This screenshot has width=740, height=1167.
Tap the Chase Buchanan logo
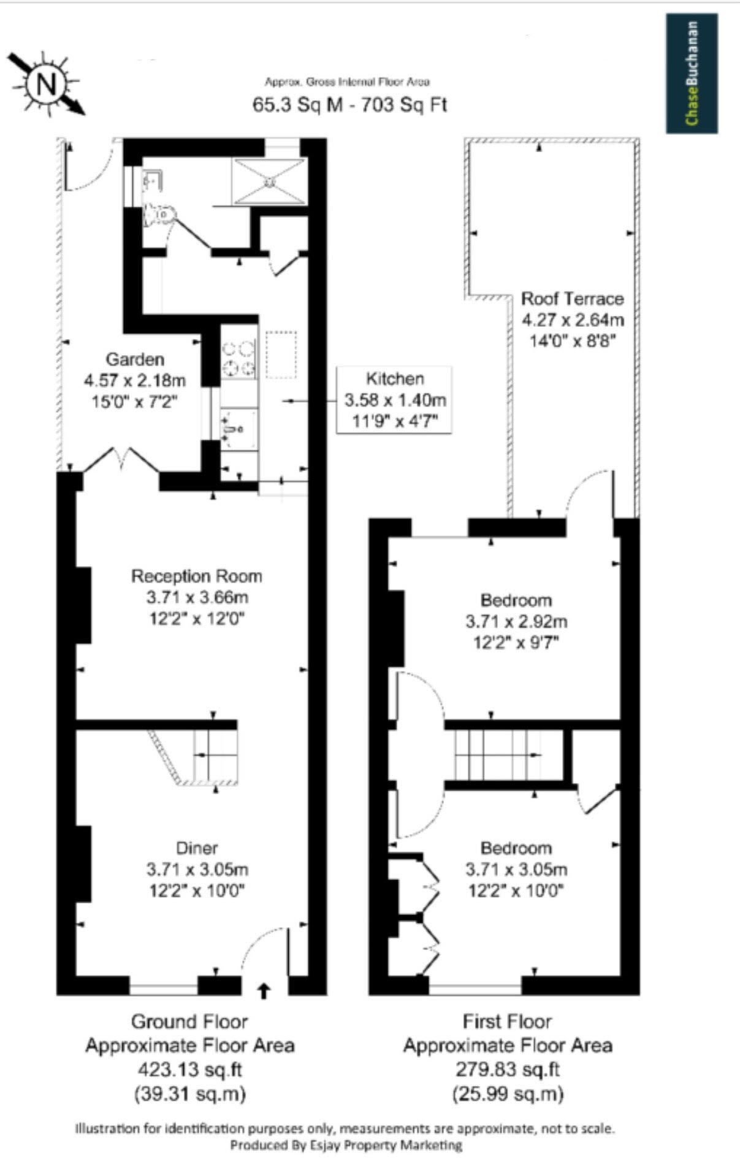[692, 73]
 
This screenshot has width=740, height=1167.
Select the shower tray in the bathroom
[269, 182]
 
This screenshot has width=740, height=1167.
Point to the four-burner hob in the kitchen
[238, 358]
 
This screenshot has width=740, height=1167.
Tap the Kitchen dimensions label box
[395, 400]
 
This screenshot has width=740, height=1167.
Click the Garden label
[135, 359]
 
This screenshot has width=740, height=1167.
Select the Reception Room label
[197, 576]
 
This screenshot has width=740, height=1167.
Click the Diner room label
[197, 848]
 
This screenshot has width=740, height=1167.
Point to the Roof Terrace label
[572, 299]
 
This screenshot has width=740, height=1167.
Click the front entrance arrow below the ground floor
[264, 990]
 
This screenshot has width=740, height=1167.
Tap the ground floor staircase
[196, 756]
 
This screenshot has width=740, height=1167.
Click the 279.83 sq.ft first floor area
[508, 1069]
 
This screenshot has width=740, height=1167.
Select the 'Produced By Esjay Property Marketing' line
[346, 1144]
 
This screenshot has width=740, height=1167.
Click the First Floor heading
[507, 1022]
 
